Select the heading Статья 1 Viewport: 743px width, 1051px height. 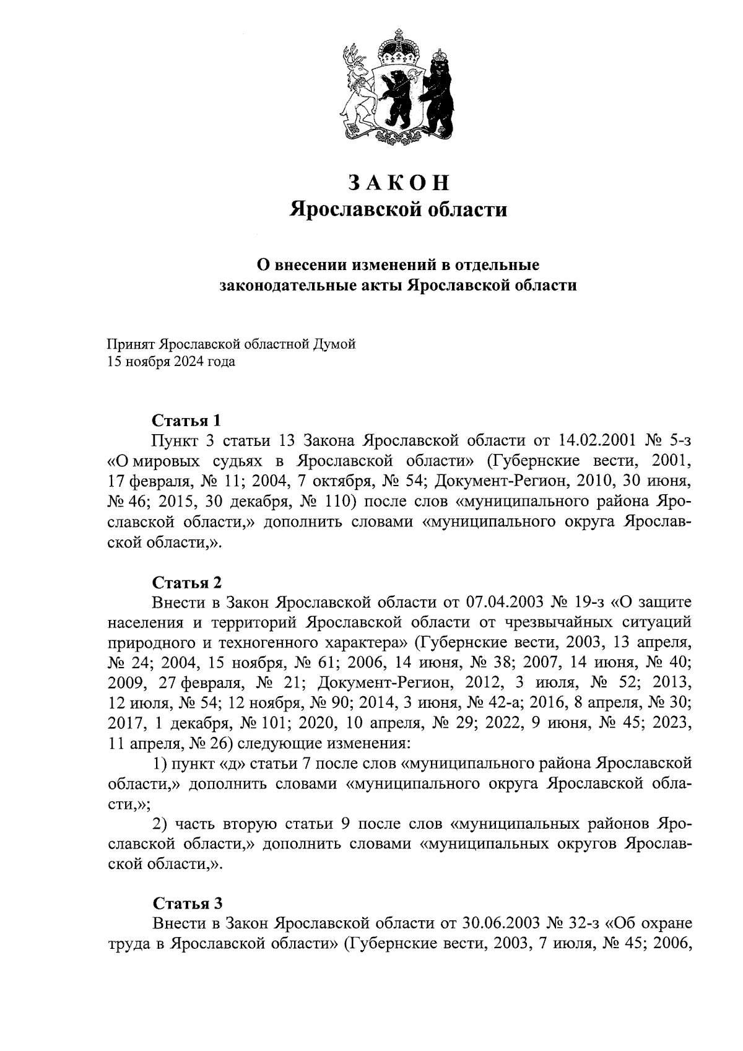(186, 421)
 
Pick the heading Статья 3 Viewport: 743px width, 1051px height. (186, 902)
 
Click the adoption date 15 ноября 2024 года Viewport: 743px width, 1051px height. (171, 362)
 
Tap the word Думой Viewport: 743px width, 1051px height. (335, 344)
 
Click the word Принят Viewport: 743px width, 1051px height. (130, 344)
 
